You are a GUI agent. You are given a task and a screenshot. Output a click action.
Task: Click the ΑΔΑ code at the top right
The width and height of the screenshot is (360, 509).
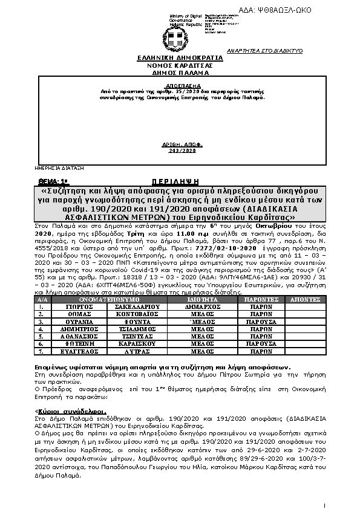pos(310,10)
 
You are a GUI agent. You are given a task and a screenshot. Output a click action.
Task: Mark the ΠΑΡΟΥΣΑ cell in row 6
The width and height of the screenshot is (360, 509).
pos(261,343)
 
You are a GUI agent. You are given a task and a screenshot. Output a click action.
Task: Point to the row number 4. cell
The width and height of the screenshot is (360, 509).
pos(41,329)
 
